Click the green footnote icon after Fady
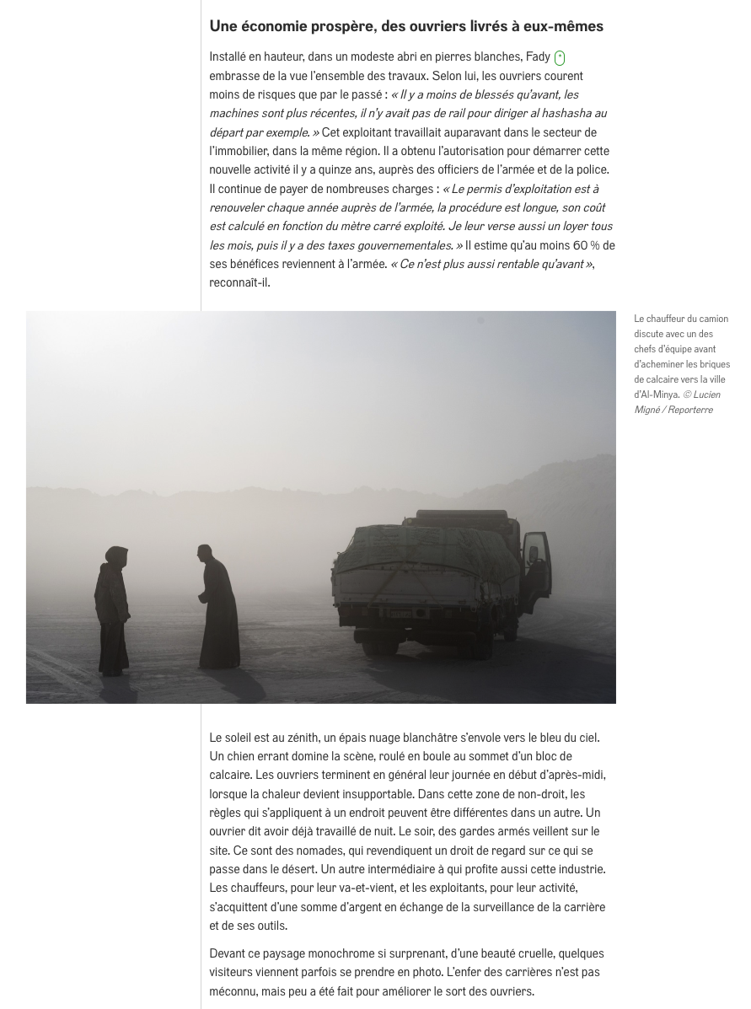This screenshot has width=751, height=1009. (559, 58)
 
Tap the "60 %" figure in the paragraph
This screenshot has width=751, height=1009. (582, 245)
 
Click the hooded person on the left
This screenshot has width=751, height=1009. (111, 610)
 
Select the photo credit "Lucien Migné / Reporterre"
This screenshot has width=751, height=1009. (677, 402)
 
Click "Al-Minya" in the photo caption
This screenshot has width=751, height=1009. (656, 394)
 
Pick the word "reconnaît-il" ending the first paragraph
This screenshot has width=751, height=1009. (239, 282)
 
